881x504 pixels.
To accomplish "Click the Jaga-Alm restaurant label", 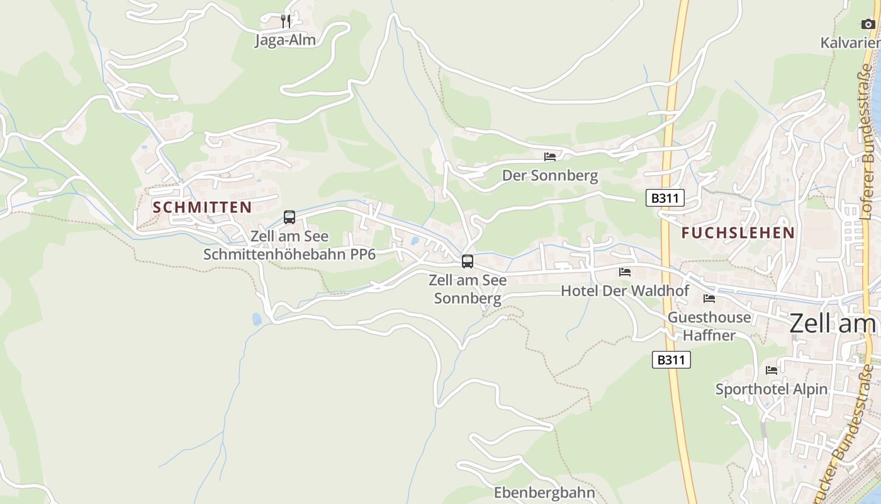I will point(285,40).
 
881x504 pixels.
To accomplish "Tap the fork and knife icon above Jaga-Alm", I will point(286,21).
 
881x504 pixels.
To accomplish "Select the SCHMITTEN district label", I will point(202,207).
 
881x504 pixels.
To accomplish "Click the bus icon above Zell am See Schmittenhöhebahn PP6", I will point(289,217).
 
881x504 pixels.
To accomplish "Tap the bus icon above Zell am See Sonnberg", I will point(467,261).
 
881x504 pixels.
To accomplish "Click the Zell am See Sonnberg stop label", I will point(468,289).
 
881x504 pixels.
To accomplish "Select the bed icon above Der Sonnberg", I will point(550,156).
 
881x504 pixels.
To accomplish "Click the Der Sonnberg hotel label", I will point(550,175).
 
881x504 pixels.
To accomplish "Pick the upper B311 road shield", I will point(665,198).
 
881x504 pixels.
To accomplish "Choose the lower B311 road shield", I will point(671,360).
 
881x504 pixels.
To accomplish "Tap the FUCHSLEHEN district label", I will point(738,232).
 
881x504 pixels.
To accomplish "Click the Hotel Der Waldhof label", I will point(625,291).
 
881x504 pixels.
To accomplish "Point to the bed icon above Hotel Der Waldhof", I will point(625,272).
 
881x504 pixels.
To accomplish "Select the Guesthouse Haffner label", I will point(709,326).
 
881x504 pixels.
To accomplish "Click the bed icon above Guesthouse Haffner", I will point(709,299).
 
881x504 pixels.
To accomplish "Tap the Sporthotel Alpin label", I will point(772,389).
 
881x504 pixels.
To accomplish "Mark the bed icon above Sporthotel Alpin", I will point(772,370).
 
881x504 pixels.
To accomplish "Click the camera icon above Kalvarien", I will point(868,25).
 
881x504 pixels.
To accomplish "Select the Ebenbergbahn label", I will point(544,492).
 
